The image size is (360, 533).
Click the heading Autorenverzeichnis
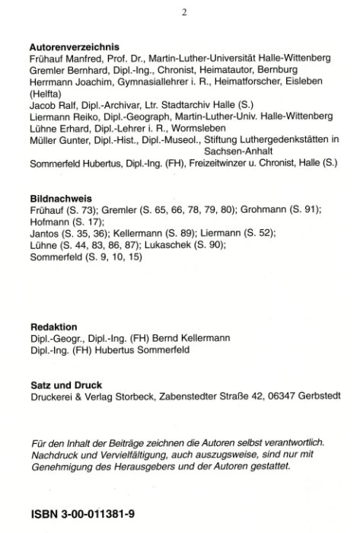[x=72, y=46]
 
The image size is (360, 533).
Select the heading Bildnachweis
[x=59, y=198]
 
